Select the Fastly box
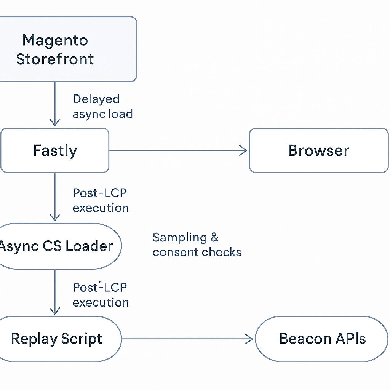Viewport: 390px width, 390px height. click(55, 150)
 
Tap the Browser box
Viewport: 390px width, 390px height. click(318, 150)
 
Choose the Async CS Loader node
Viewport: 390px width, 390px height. click(57, 246)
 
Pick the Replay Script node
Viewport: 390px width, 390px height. click(57, 339)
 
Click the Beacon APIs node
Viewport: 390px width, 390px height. click(322, 339)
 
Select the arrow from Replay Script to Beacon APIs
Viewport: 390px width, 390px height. click(187, 339)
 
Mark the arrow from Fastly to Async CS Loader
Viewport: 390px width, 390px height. click(55, 197)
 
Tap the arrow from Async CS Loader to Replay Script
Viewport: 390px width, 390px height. click(55, 291)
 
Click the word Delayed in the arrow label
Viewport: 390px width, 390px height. click(96, 99)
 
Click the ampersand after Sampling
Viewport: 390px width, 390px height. click(214, 238)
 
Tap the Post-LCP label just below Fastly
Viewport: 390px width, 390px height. click(100, 193)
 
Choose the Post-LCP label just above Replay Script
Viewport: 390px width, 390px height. click(100, 288)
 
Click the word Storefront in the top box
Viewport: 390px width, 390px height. click(55, 59)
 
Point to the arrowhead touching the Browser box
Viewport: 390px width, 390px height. click(244, 150)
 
